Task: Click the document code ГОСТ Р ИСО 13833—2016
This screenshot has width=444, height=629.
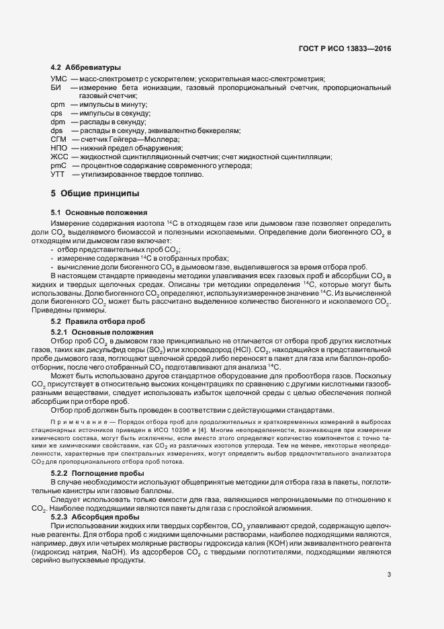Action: coord(344,48)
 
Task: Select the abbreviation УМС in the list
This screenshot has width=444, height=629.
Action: coord(58,80)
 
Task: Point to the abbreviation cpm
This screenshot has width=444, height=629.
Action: coord(57,106)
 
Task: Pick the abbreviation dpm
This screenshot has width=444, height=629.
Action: coord(57,122)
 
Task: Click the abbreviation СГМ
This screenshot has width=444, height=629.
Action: coord(58,139)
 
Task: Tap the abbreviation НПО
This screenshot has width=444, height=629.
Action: coord(59,148)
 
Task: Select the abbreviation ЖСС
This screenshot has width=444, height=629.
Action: coord(58,157)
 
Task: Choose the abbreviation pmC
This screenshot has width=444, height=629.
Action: coord(58,165)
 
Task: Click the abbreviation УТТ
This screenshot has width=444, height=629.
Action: coord(58,174)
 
